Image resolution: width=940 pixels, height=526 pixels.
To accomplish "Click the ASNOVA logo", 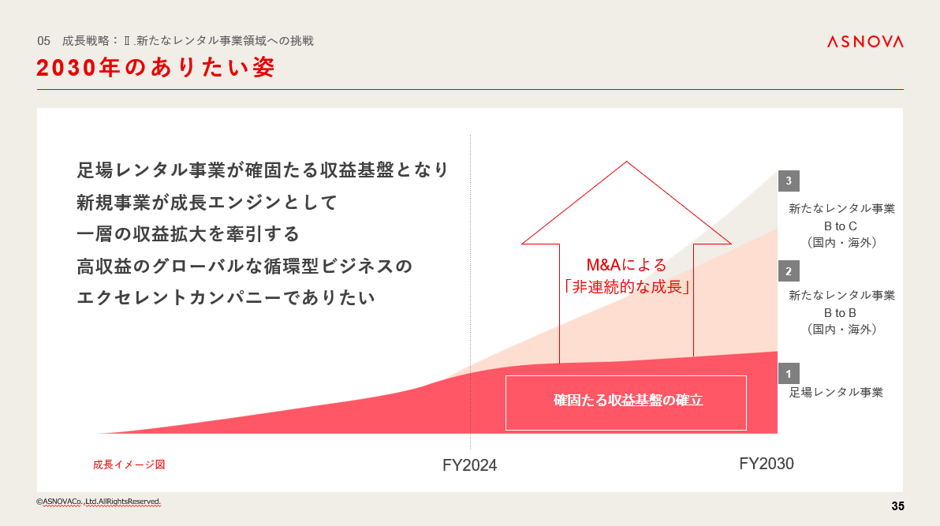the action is point(865,41).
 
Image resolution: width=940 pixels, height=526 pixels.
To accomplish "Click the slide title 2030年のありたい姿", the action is point(155,67).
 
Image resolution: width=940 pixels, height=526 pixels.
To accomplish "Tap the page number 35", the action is point(897,506).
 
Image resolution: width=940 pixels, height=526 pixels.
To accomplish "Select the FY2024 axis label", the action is point(469,465).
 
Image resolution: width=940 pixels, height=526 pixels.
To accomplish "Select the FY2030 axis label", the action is point(767,464).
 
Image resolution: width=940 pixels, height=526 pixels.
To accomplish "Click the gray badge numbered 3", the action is point(789,181).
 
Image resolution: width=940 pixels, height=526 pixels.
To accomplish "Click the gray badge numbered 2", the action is point(789,271).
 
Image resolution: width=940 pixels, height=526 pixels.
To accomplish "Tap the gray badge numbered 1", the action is point(789,374).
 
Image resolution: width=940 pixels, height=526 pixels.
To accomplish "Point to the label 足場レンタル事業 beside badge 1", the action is point(836,392).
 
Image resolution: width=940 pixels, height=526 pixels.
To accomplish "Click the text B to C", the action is point(840,226).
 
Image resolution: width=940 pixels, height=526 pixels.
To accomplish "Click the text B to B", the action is point(840,313).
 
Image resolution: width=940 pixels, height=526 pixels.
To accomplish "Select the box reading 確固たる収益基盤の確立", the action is point(626,402).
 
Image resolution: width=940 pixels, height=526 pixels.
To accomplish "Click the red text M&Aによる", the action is point(626,264).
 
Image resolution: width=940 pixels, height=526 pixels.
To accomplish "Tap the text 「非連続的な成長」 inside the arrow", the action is point(626,287).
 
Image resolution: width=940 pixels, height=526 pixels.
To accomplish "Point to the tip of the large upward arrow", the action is point(626,162).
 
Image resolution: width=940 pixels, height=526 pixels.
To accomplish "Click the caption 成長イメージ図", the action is point(129,464).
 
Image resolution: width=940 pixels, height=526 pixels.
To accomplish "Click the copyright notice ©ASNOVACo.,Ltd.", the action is point(99,502).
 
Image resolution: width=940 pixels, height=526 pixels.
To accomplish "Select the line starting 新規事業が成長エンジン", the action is point(207,202).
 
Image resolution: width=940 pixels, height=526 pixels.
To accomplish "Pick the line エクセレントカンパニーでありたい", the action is point(226,297).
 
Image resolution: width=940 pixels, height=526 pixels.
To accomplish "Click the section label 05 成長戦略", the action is point(175,41).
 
